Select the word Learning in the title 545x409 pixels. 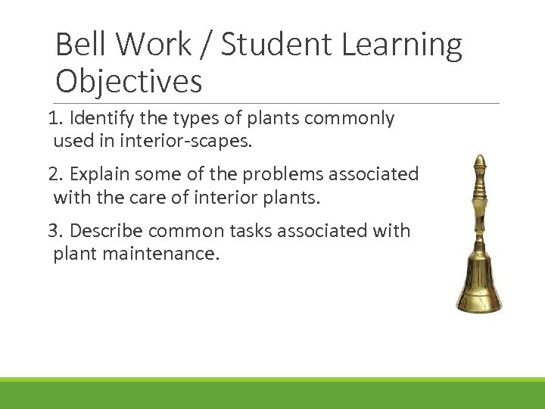pyautogui.click(x=402, y=45)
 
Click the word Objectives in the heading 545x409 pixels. pyautogui.click(x=129, y=81)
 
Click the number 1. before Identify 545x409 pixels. pyautogui.click(x=55, y=118)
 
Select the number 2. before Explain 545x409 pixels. pyautogui.click(x=56, y=174)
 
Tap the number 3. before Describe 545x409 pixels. pyautogui.click(x=56, y=230)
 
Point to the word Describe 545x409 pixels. pyautogui.click(x=106, y=230)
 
